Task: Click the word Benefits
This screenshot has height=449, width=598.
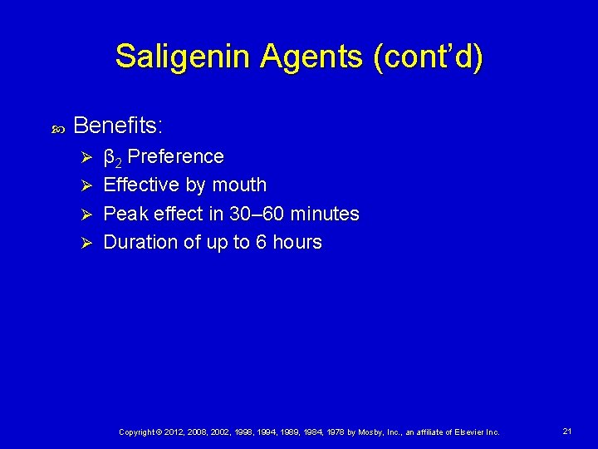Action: coord(118,126)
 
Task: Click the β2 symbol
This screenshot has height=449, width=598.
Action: coord(112,157)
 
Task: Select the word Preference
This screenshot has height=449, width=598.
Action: coord(176,156)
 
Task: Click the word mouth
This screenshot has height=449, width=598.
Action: coord(239,185)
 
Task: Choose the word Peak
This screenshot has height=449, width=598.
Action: coord(124,214)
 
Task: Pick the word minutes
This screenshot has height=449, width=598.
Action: coord(327,214)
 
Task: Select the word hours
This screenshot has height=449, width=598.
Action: coord(297,242)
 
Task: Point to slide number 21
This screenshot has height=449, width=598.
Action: coord(567,431)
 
